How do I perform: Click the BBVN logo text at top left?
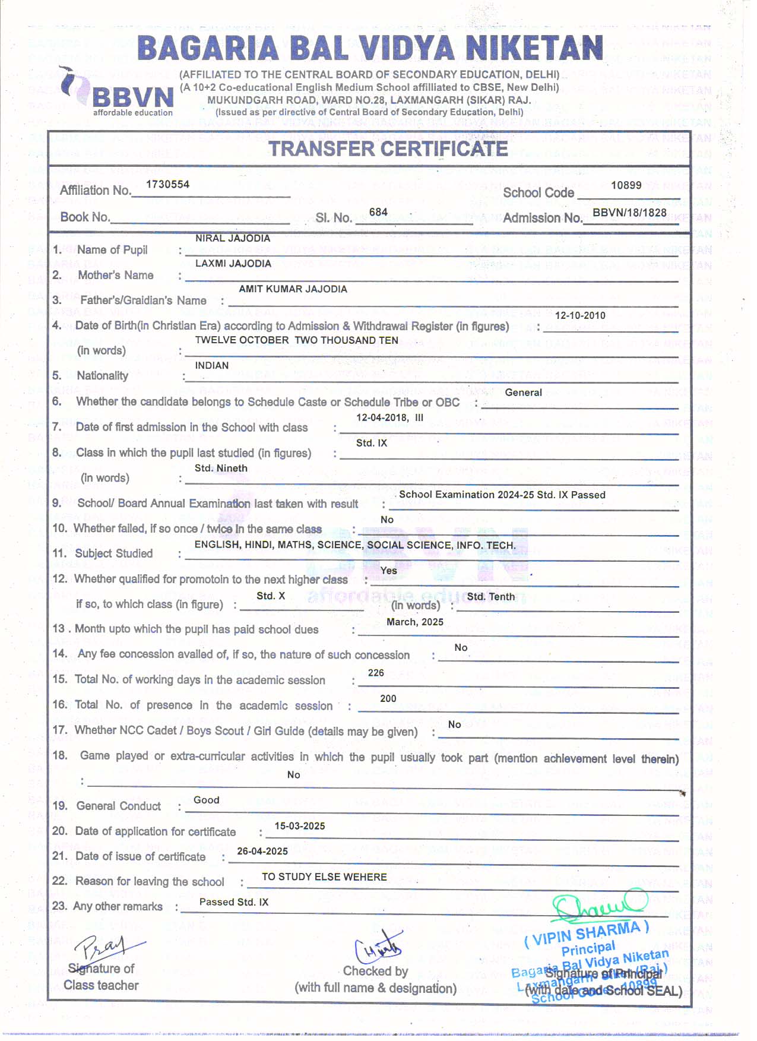(132, 97)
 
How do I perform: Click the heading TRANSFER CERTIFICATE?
(388, 148)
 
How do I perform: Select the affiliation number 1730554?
(167, 184)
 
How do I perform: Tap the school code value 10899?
(626, 185)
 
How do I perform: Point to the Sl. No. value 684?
(378, 212)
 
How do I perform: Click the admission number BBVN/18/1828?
(629, 212)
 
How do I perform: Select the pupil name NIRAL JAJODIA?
(233, 238)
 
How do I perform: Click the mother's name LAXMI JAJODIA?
(233, 263)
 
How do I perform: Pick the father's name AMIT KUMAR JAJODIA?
(293, 289)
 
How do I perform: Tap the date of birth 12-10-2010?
(580, 315)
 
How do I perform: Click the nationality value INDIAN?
(212, 365)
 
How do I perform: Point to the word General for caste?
(523, 393)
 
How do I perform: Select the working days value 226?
(376, 673)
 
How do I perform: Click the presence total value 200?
(388, 698)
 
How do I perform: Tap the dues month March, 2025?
(415, 622)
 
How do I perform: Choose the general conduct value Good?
(207, 800)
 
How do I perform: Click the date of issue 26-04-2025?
(262, 851)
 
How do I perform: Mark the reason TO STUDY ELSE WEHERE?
(324, 877)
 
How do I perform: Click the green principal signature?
(598, 906)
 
